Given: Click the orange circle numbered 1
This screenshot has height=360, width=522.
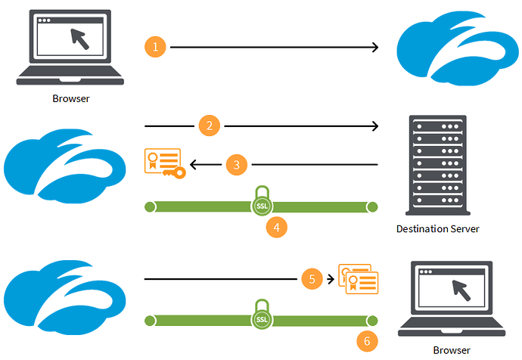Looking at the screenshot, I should coord(155,47).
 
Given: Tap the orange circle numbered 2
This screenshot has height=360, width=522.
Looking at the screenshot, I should coord(210,125).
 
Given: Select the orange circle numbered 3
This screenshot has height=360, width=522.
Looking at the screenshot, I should coord(237,164).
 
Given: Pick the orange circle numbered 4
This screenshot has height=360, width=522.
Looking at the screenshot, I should coord(277,225).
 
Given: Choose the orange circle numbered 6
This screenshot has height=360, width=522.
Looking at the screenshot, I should coord(367,341).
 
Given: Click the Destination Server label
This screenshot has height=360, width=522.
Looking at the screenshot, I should coord(438,228).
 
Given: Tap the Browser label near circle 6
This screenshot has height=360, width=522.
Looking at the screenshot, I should coord(451,350).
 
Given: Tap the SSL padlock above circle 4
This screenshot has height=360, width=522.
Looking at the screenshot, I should coord(261,201).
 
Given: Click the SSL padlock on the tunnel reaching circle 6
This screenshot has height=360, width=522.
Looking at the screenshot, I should coord(261,315).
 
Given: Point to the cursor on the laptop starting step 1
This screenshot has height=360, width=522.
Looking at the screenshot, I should coord(79,38).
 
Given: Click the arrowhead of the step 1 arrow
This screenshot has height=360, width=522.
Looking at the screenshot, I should coord(374,47).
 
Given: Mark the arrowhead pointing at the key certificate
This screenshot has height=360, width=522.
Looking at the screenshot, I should coord(194,164).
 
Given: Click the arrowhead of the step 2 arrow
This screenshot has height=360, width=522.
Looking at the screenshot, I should coord(374,125).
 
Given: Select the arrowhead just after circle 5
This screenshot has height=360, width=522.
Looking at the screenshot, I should coord(330,279).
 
